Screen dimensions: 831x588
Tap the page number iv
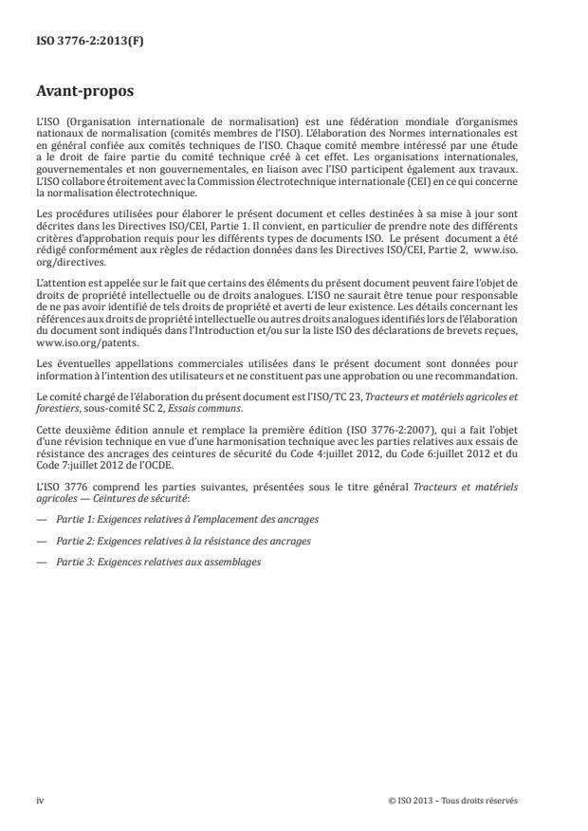click(x=40, y=800)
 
